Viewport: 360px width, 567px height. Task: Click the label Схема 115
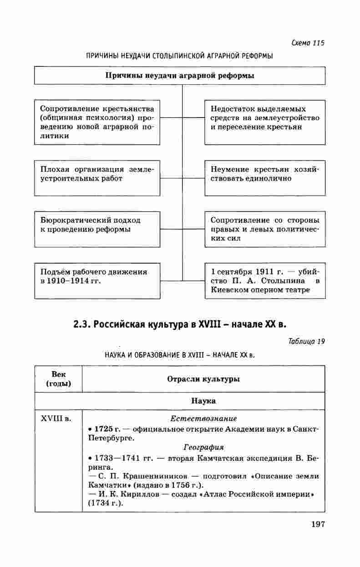click(308, 43)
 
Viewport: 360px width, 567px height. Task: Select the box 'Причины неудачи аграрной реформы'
click(180, 76)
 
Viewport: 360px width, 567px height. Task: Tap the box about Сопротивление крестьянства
click(97, 122)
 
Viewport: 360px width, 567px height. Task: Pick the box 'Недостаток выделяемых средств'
click(265, 122)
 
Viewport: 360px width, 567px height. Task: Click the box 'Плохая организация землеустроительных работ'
click(97, 178)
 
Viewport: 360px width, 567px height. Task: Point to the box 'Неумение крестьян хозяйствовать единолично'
click(265, 178)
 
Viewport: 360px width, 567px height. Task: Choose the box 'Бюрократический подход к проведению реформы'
click(97, 229)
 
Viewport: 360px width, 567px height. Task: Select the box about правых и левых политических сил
click(265, 229)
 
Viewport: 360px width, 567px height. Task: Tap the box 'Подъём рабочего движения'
click(97, 280)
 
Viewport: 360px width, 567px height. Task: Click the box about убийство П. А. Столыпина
click(265, 280)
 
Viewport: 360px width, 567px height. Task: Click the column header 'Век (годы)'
click(58, 379)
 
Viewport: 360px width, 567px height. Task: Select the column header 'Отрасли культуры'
click(203, 379)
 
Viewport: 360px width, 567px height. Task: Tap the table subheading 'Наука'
click(203, 401)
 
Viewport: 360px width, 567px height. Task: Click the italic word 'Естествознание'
click(203, 418)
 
